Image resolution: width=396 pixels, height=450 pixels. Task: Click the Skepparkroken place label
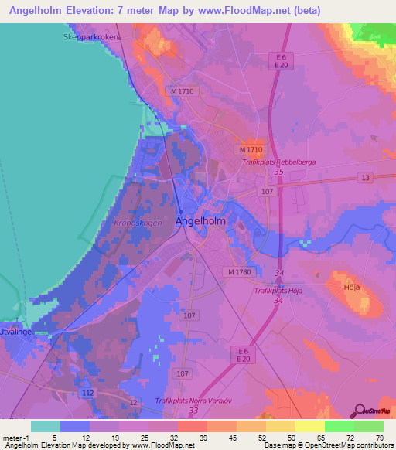[x=91, y=36]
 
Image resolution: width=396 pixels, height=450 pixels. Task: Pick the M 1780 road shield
[x=241, y=272]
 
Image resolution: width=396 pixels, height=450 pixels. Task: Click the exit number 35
[x=278, y=172]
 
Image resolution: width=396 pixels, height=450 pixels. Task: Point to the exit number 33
[x=193, y=410]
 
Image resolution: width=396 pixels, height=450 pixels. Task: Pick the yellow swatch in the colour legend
[x=309, y=426]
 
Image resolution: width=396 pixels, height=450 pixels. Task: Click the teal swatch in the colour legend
[x=46, y=426]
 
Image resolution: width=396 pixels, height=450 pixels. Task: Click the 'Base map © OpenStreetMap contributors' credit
[x=329, y=445]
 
